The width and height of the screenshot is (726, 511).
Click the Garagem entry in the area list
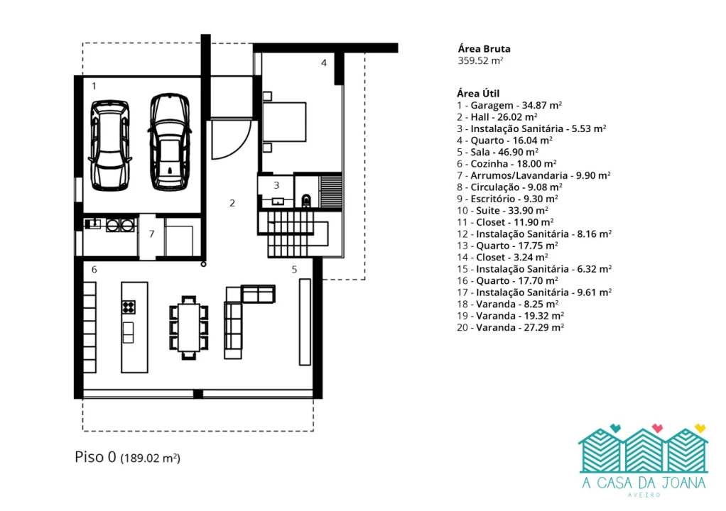(x=509, y=106)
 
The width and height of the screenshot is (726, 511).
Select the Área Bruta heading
(x=484, y=48)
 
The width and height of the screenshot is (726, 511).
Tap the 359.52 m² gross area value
(x=480, y=60)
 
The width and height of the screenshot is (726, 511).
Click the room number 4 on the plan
(x=324, y=63)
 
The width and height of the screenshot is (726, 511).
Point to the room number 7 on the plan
(x=151, y=234)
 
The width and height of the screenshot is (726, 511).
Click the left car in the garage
(x=109, y=145)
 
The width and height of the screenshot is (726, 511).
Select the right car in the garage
(x=170, y=142)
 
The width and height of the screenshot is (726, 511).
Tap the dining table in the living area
(x=188, y=328)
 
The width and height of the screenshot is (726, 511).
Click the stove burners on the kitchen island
(x=129, y=307)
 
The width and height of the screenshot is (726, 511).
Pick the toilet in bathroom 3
(x=306, y=201)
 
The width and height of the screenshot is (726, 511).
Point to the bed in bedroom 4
(x=284, y=121)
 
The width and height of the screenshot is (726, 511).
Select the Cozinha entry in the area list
(x=506, y=164)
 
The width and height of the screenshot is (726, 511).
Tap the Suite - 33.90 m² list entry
(x=502, y=210)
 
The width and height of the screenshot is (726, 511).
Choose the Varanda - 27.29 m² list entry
(x=510, y=327)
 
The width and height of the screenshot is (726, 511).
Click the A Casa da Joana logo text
(x=644, y=483)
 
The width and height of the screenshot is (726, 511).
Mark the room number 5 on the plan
(x=294, y=270)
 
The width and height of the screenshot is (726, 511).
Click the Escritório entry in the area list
(x=507, y=199)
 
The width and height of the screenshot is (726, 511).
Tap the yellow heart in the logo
(x=700, y=428)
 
